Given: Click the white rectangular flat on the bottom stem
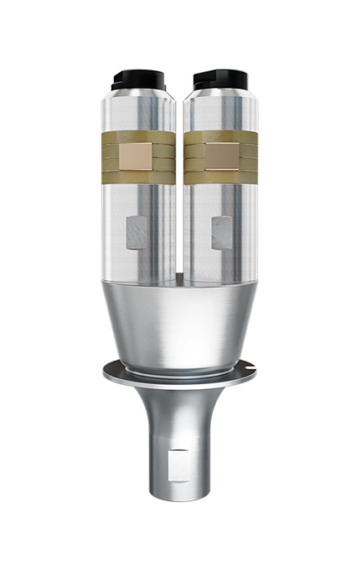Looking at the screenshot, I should (177, 463).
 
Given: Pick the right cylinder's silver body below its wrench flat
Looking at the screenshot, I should (219, 264).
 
